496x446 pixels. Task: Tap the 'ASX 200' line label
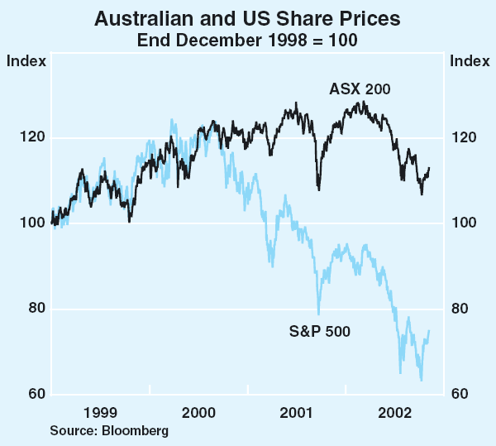(x=360, y=89)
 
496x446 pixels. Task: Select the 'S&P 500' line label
(x=319, y=333)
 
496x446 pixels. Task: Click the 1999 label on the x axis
(x=99, y=412)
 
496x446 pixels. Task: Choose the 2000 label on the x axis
(x=198, y=412)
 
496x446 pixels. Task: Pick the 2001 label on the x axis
(x=297, y=412)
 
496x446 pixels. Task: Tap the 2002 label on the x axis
(x=395, y=412)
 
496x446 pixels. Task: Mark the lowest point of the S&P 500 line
(x=422, y=381)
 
